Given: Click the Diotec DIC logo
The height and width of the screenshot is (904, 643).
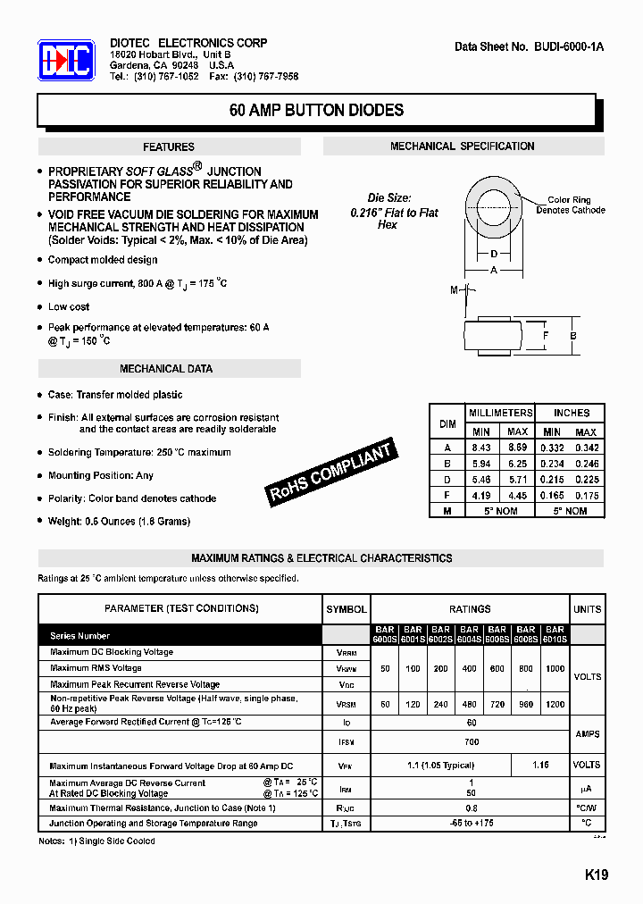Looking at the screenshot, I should pos(66,61).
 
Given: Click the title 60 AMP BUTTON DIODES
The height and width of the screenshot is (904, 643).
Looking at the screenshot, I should pos(316,111).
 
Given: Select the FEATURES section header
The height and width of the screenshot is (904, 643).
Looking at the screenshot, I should pos(169,147).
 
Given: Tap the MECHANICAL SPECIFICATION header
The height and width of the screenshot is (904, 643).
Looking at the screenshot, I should pos(462,146).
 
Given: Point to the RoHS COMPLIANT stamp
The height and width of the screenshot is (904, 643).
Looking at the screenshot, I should pos(331,473).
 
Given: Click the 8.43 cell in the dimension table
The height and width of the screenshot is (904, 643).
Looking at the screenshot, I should pos(480,448).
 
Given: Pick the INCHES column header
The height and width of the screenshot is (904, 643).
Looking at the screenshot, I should pos(571,413).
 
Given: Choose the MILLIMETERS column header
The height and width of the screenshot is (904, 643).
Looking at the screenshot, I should pos(500,413).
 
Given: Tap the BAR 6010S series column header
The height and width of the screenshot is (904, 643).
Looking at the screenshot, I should pos(555,634).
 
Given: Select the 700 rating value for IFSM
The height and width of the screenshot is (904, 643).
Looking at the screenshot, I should pos(471,741).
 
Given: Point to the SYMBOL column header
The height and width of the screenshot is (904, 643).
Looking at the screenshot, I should pos(347,609).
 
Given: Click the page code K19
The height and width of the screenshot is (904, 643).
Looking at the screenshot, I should pos(597,875).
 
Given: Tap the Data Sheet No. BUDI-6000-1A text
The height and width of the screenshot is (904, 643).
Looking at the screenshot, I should pos(529,46).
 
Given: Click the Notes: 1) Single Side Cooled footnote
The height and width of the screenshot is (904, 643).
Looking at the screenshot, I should pos(96,841).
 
